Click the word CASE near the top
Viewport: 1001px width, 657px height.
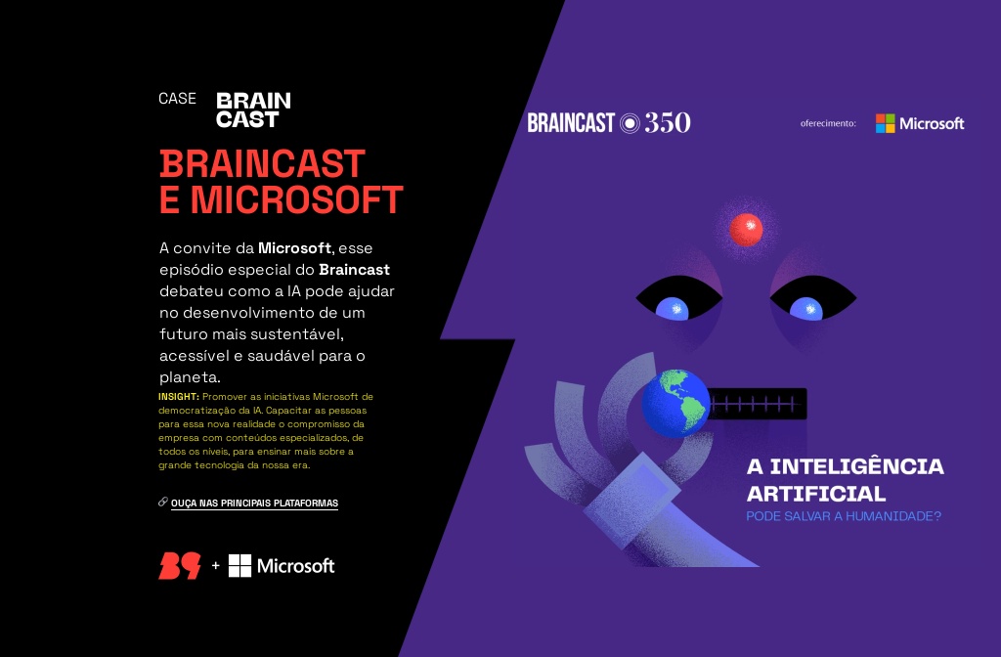pyautogui.click(x=177, y=99)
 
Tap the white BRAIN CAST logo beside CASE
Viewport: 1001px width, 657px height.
pyautogui.click(x=253, y=109)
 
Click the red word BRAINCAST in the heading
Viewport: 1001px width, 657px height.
pyautogui.click(x=262, y=163)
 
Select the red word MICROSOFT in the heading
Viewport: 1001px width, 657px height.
pyautogui.click(x=296, y=200)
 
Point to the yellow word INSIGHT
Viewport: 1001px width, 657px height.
pyautogui.click(x=178, y=396)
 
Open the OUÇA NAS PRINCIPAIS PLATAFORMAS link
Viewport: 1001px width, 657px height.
pyautogui.click(x=254, y=504)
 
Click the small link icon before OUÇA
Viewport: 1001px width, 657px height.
pyautogui.click(x=163, y=503)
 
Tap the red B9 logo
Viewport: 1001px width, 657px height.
pyautogui.click(x=180, y=565)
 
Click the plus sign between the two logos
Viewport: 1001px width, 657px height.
pyautogui.click(x=215, y=565)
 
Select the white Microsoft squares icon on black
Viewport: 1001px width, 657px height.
pyautogui.click(x=239, y=565)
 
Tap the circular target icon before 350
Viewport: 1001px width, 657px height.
pyautogui.click(x=631, y=123)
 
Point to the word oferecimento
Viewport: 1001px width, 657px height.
pyautogui.click(x=828, y=124)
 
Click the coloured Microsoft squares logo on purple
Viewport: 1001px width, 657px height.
pyautogui.click(x=885, y=123)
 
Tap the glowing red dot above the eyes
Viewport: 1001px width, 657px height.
pyautogui.click(x=747, y=229)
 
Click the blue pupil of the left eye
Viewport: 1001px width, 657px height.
pyautogui.click(x=672, y=309)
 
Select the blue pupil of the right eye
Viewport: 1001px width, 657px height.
pyautogui.click(x=805, y=309)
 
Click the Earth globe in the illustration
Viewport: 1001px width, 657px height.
pyautogui.click(x=675, y=402)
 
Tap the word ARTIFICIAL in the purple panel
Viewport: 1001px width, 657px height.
pyautogui.click(x=816, y=494)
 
